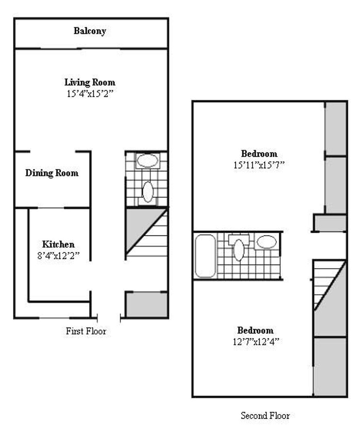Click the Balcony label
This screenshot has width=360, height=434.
90,31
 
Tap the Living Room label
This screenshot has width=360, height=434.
90,82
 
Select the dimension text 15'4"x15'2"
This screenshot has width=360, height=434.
90,93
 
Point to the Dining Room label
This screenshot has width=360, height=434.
52,174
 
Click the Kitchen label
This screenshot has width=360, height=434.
59,244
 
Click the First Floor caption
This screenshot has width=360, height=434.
86,331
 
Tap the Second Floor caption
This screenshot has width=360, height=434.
265,416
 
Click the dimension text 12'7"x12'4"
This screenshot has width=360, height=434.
256,342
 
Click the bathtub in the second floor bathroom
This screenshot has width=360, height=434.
205,256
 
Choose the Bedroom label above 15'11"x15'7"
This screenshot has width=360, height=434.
259,154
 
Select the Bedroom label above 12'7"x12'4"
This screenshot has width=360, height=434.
256,331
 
